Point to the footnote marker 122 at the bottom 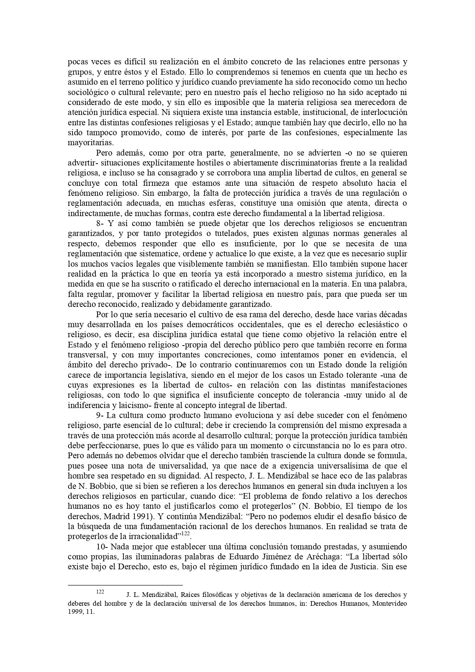point(100,592)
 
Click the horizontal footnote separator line point(125,585)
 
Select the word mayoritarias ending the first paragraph point(85,143)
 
